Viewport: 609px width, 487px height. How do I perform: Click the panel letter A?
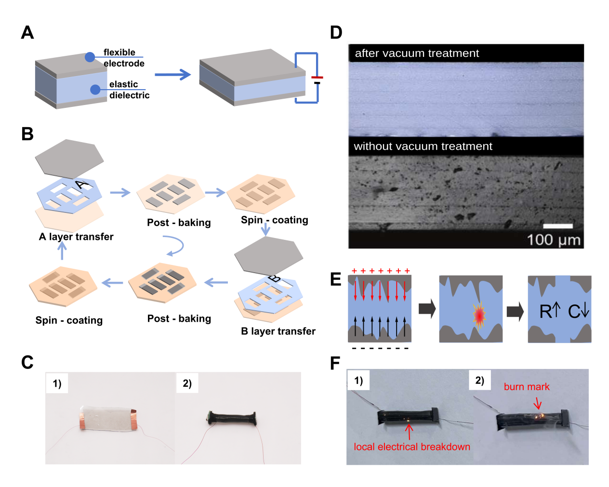click(27, 32)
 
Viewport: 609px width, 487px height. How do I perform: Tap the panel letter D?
click(336, 32)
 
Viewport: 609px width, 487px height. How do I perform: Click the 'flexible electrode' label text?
click(124, 58)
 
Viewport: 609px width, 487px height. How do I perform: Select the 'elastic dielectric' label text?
click(129, 90)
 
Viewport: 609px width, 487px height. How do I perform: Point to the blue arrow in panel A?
click(172, 75)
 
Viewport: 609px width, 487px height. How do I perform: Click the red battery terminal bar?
click(317, 77)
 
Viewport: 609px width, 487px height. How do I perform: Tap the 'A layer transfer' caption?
click(76, 237)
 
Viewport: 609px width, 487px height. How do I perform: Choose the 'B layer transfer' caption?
click(278, 331)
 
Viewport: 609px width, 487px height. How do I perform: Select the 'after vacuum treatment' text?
click(417, 53)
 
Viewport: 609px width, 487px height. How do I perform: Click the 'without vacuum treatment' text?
click(423, 146)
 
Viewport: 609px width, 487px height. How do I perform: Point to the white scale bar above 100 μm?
click(558, 226)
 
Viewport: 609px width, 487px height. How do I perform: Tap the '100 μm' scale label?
click(554, 240)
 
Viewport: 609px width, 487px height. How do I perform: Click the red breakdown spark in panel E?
click(479, 315)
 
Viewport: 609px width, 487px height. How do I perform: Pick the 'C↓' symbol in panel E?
click(579, 311)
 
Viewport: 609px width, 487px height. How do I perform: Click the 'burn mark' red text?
click(526, 387)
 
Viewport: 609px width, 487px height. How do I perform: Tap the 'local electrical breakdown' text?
click(412, 447)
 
